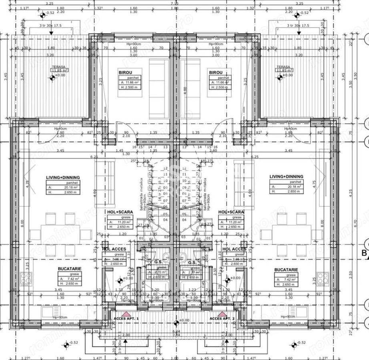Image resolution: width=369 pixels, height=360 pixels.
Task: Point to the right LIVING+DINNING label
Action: [286, 176]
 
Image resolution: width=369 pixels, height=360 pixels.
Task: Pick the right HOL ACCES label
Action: [235, 249]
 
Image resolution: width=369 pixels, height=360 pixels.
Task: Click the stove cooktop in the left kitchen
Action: [26, 278]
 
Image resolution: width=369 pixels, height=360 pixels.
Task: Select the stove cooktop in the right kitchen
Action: [323, 278]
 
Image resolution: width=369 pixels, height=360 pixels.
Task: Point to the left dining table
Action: [60, 234]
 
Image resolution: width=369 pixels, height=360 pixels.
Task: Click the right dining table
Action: [292, 234]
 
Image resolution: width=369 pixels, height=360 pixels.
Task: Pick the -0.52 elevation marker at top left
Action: [42, 15]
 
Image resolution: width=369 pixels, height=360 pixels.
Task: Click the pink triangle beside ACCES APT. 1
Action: [125, 314]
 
